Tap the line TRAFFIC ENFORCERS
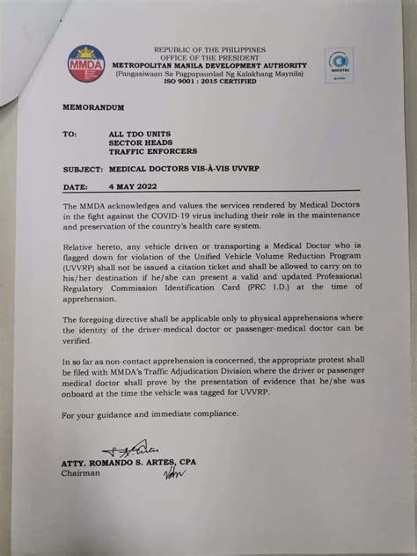(x=152, y=150)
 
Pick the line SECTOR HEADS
(x=143, y=143)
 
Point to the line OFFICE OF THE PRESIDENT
(x=211, y=56)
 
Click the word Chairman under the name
(x=82, y=472)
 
